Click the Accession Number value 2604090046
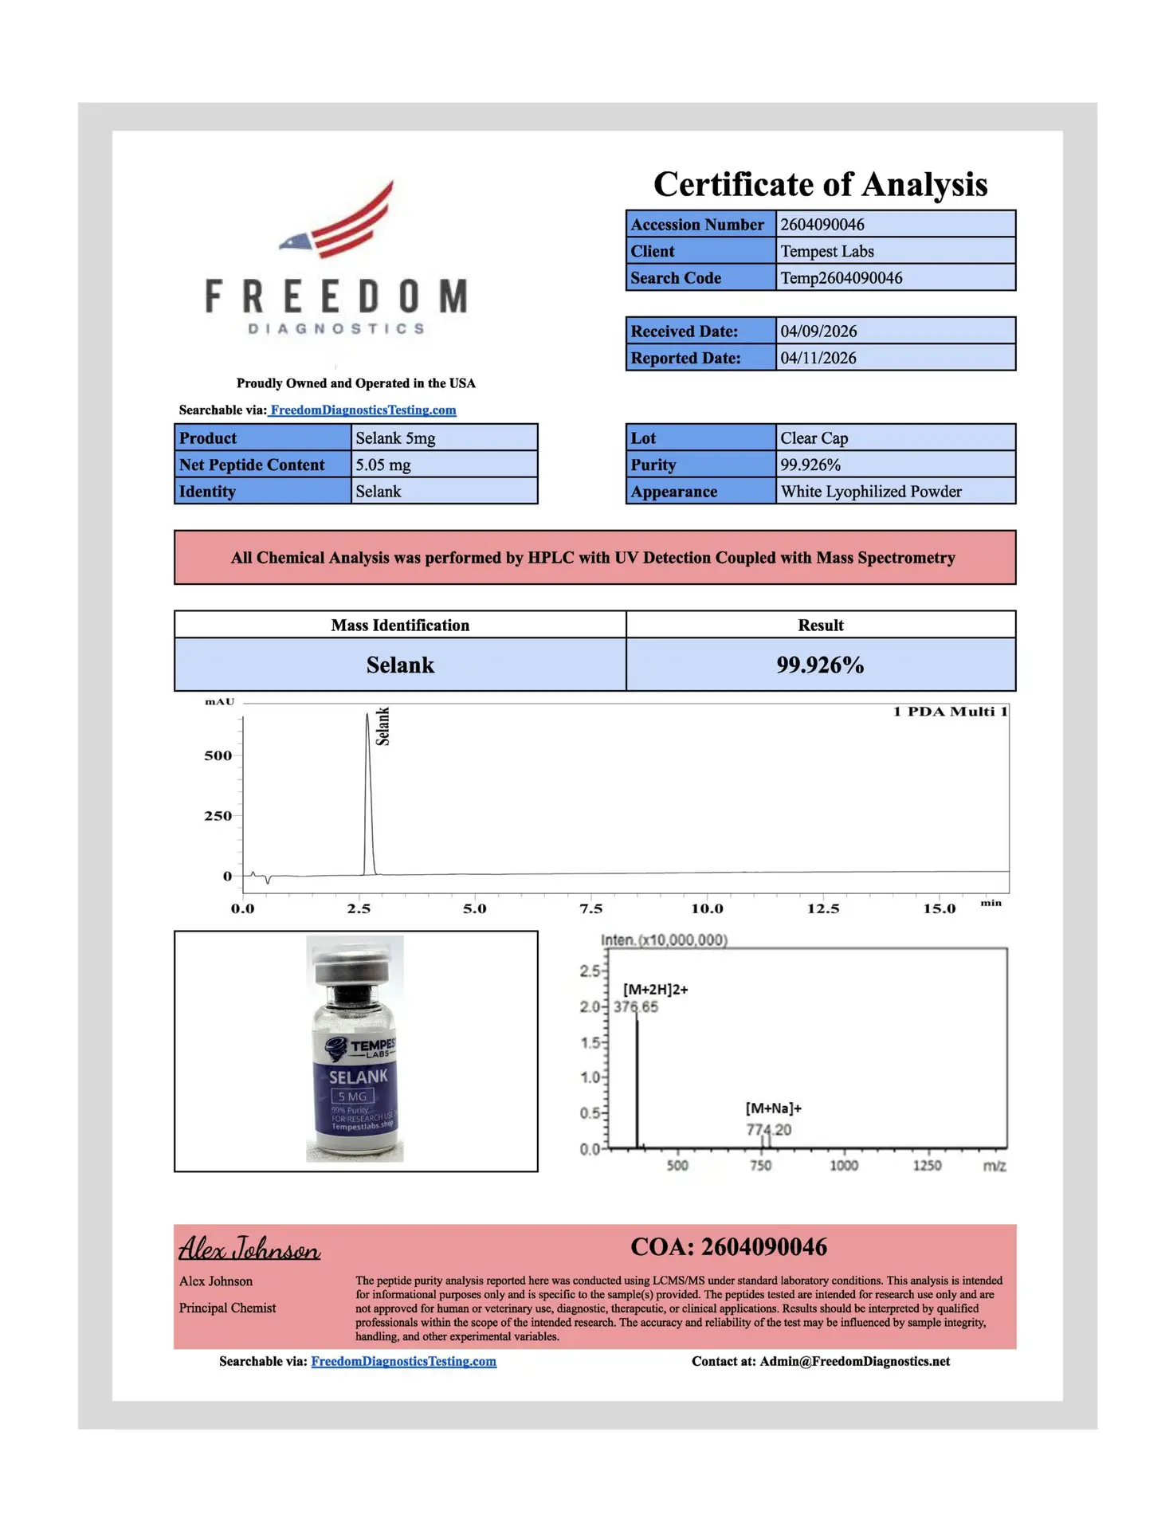(x=822, y=225)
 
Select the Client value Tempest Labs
(x=826, y=251)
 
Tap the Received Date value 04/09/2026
(x=818, y=331)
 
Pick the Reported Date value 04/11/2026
(x=818, y=358)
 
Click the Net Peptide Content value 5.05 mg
(x=383, y=465)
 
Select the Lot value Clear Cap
(x=814, y=438)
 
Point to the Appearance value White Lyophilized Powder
(x=870, y=492)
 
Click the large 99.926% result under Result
(x=820, y=665)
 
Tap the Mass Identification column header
(x=400, y=626)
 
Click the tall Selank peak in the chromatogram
(x=368, y=797)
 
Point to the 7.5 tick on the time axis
(x=590, y=908)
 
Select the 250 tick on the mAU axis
(x=218, y=816)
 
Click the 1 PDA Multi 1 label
(x=950, y=712)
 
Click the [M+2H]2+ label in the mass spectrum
(x=655, y=990)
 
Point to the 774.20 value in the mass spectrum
(x=768, y=1129)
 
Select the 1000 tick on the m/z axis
(x=844, y=1166)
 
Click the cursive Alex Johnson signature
(x=249, y=1249)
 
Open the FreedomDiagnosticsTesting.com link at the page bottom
(x=403, y=1361)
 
